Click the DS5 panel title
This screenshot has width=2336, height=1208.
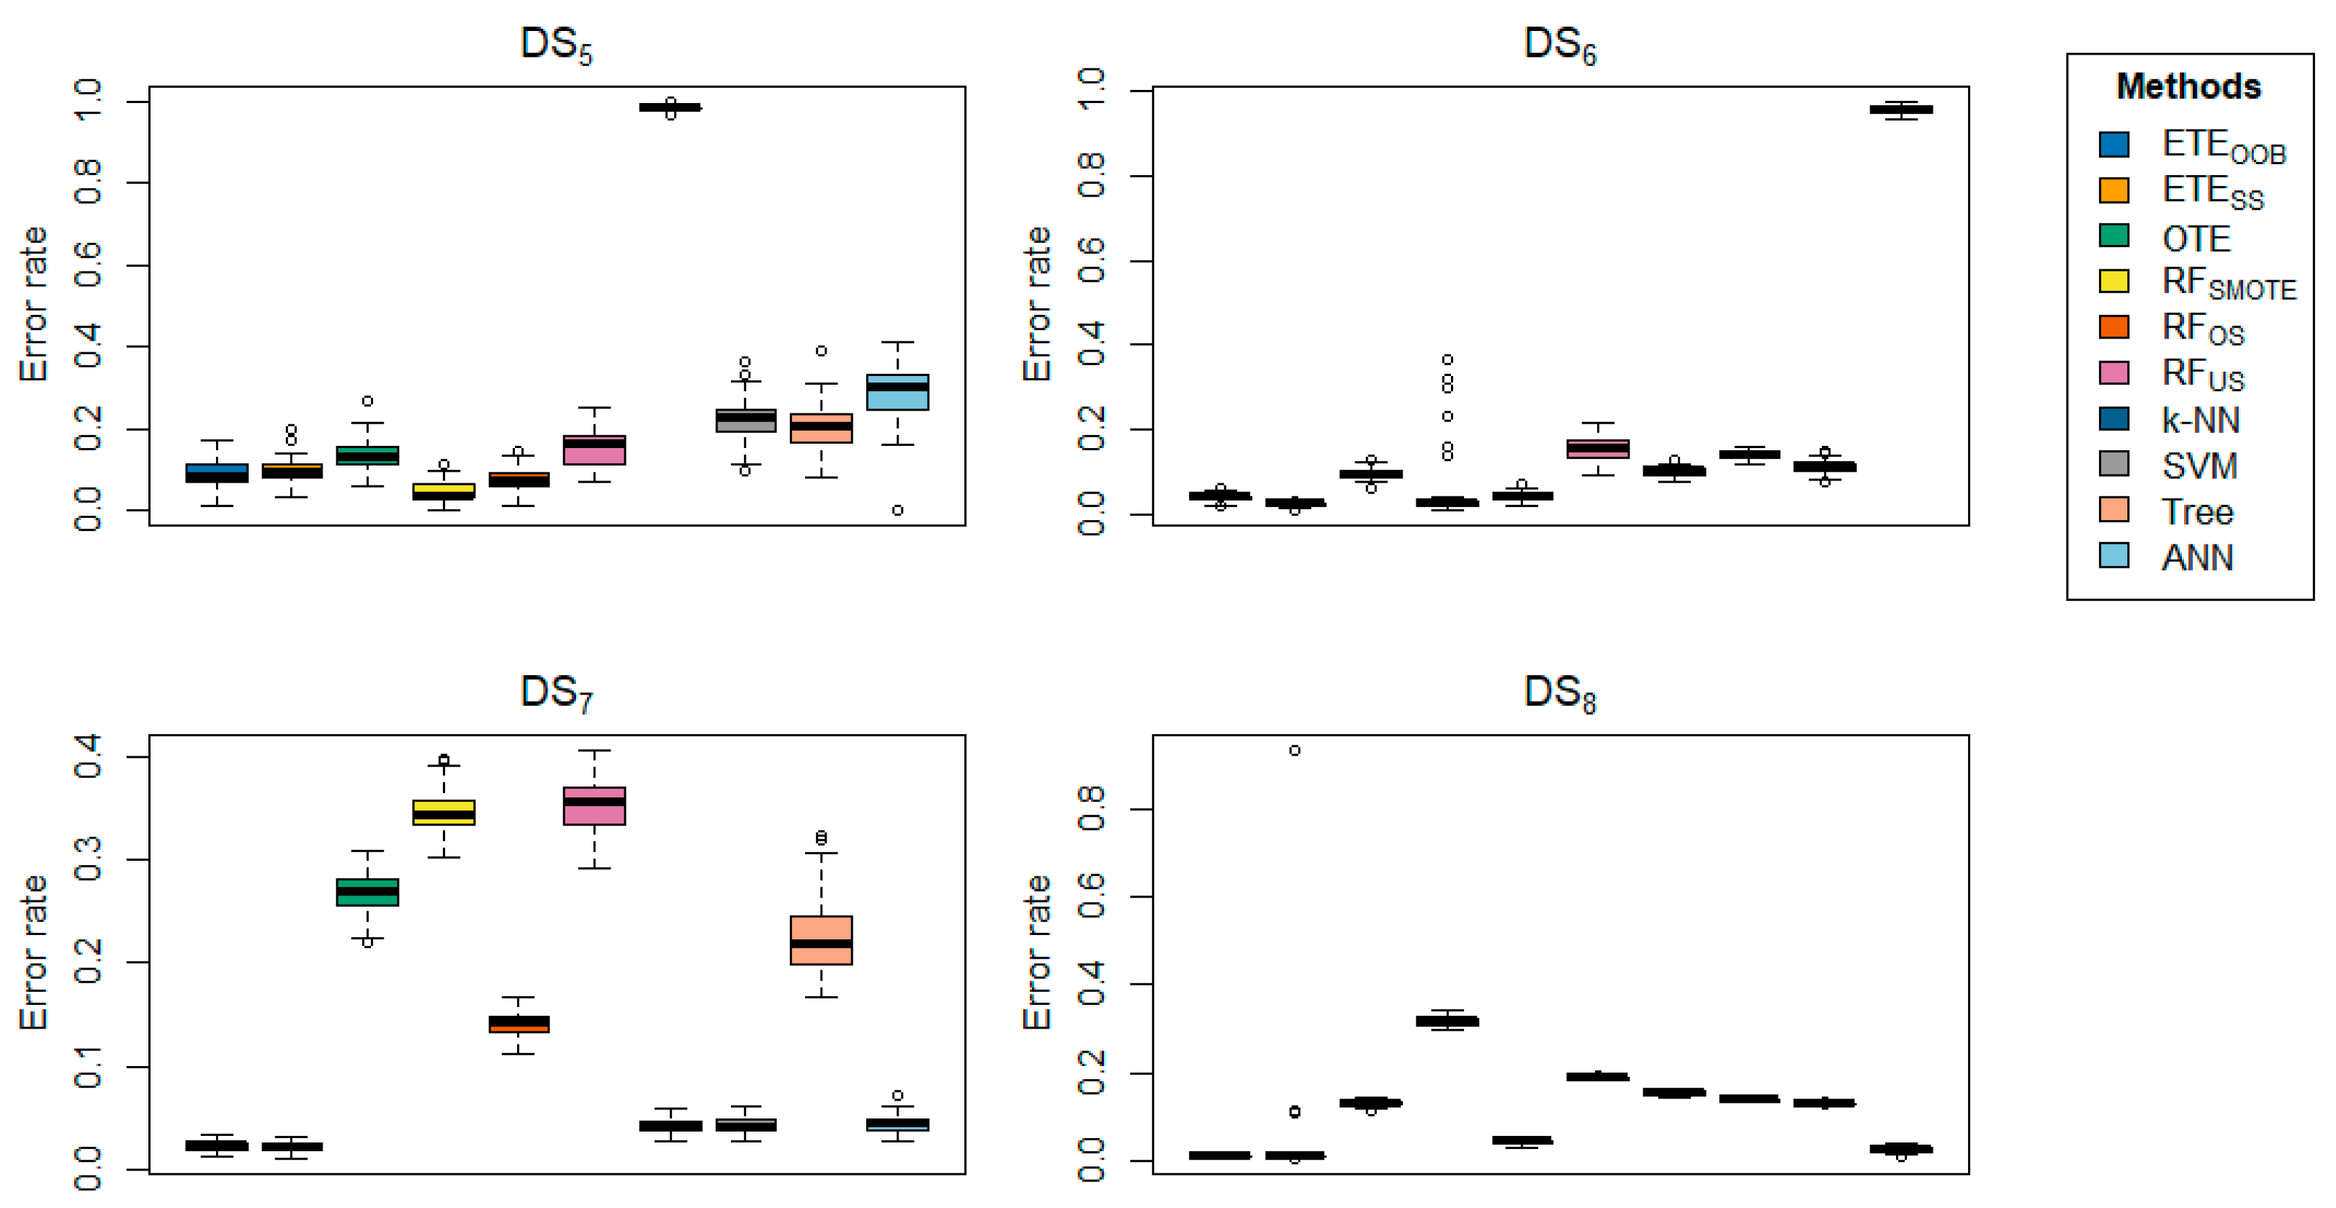(x=556, y=45)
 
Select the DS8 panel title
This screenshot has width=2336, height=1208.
(x=1559, y=694)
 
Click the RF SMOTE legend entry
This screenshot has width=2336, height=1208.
(x=2227, y=283)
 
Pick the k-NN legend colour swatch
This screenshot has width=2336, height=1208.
(x=2113, y=419)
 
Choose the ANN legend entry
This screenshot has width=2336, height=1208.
(x=2196, y=557)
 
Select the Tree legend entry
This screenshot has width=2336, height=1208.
(x=2196, y=511)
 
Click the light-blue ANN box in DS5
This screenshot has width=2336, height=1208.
(x=897, y=392)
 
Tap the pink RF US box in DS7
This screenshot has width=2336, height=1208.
(x=594, y=805)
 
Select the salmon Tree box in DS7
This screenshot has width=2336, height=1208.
(x=821, y=939)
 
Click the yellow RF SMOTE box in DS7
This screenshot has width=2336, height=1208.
(x=444, y=812)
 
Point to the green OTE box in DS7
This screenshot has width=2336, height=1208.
(x=367, y=892)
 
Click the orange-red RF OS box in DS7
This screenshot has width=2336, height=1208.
(x=518, y=1024)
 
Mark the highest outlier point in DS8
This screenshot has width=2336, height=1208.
(x=1294, y=750)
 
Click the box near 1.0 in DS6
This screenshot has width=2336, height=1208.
(x=1901, y=109)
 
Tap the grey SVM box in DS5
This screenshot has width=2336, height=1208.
(x=745, y=420)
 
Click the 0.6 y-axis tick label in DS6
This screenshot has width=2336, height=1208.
(x=1091, y=260)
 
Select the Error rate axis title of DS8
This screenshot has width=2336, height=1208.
(x=1036, y=952)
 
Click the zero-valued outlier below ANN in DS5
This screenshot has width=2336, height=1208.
(x=897, y=511)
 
